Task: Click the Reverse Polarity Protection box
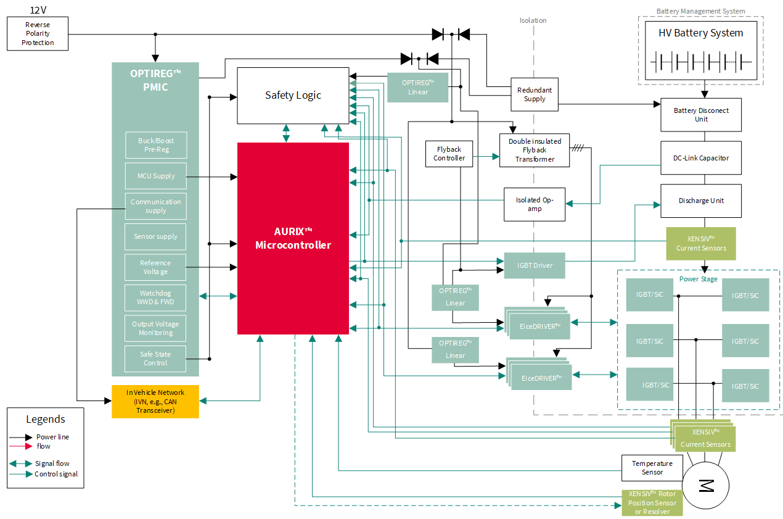(x=38, y=34)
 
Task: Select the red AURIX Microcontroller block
(x=293, y=238)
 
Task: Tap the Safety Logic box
(x=293, y=95)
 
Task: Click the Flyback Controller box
(x=449, y=154)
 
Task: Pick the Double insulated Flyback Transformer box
(x=535, y=150)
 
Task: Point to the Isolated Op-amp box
(x=535, y=204)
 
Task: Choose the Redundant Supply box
(x=535, y=94)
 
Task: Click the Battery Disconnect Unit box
(x=701, y=115)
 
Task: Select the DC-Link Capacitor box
(x=701, y=158)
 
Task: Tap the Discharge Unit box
(x=701, y=201)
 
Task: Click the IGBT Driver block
(x=535, y=265)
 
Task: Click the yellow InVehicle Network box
(x=155, y=401)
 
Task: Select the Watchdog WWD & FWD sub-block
(x=155, y=297)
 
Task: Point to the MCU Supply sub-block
(x=155, y=176)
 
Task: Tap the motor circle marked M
(x=705, y=485)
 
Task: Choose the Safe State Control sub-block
(x=155, y=359)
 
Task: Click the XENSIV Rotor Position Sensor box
(x=652, y=502)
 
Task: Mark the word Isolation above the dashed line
(x=533, y=20)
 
